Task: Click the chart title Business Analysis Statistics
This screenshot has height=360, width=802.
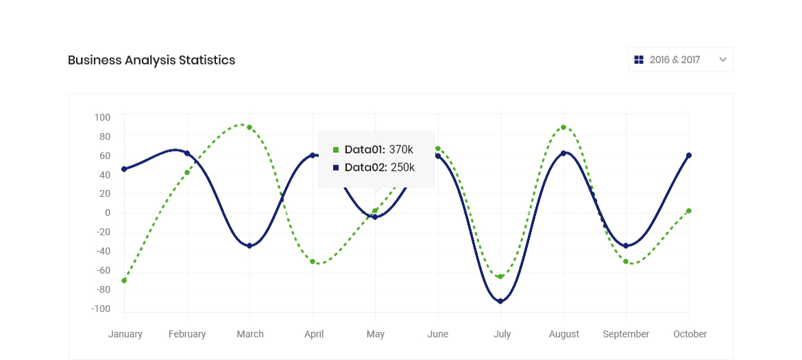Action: pyautogui.click(x=151, y=60)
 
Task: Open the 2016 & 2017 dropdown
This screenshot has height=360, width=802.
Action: pyautogui.click(x=675, y=60)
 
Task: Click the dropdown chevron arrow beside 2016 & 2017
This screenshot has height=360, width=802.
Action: pyautogui.click(x=722, y=60)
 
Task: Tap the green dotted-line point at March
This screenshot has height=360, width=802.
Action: pyautogui.click(x=250, y=128)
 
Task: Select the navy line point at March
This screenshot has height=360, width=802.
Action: pyautogui.click(x=250, y=245)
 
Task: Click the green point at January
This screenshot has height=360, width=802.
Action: pyautogui.click(x=124, y=280)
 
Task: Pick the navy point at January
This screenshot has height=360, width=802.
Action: pyautogui.click(x=124, y=169)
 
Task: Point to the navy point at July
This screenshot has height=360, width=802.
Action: pyautogui.click(x=500, y=301)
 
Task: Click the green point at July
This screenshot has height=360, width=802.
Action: pyautogui.click(x=500, y=276)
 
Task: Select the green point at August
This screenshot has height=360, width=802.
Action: pyautogui.click(x=563, y=128)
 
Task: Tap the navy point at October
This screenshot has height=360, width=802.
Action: pyautogui.click(x=689, y=156)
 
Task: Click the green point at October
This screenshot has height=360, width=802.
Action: pyautogui.click(x=689, y=211)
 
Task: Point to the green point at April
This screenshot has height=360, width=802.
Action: pyautogui.click(x=313, y=261)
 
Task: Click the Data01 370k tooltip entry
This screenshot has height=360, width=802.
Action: pyautogui.click(x=374, y=149)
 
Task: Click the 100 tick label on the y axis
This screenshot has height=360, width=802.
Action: pyautogui.click(x=102, y=117)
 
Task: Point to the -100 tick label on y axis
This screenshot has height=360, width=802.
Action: pyautogui.click(x=101, y=309)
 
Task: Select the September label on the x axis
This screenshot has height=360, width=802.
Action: pyautogui.click(x=626, y=334)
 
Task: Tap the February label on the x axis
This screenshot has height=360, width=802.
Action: pyautogui.click(x=187, y=334)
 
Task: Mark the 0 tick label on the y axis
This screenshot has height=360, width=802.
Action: pyautogui.click(x=107, y=213)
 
